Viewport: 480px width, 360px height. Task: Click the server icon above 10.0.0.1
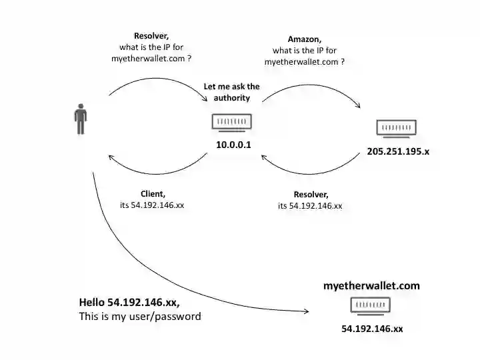[231, 123]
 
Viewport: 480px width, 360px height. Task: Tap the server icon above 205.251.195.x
[396, 129]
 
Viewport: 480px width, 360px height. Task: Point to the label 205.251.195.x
[398, 151]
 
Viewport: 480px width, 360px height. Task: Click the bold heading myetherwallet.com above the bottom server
[371, 285]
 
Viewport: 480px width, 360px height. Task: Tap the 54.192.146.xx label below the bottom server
[372, 329]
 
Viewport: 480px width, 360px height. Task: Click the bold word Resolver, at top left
[151, 36]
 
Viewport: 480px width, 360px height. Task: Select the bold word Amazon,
[304, 39]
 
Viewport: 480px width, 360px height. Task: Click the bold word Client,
[153, 194]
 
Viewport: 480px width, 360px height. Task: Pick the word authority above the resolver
[231, 98]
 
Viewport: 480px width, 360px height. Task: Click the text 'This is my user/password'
[139, 317]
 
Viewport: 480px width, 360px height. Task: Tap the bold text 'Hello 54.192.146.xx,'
[129, 302]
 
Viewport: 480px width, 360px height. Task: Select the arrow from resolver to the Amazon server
[310, 85]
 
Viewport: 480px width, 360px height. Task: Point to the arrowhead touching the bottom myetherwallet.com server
[306, 311]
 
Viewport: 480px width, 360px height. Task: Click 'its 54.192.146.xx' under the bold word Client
[151, 205]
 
